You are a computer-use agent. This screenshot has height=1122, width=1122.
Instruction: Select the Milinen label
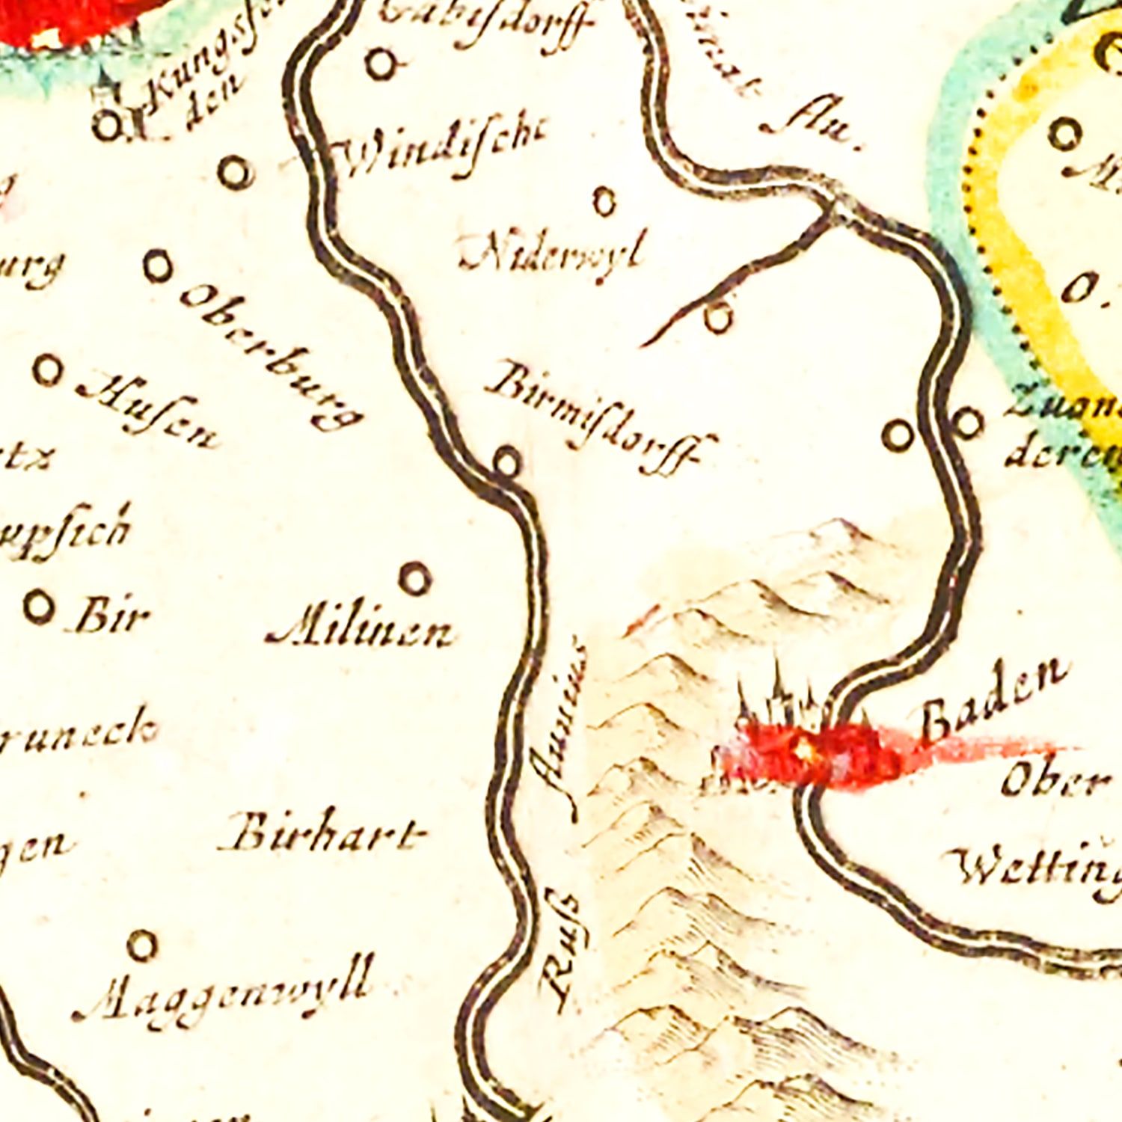tap(360, 632)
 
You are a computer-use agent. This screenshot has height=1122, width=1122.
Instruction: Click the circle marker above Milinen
tap(416, 577)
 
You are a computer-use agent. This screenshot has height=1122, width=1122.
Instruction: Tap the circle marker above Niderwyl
tap(604, 201)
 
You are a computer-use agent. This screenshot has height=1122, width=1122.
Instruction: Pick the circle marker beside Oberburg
tap(158, 266)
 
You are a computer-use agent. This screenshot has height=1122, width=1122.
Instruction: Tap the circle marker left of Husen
tap(48, 370)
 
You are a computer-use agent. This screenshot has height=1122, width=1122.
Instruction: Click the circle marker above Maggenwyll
tap(141, 945)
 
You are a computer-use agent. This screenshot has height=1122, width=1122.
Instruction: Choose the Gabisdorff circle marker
tap(381, 64)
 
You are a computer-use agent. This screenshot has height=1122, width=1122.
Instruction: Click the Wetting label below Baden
tap(1040, 868)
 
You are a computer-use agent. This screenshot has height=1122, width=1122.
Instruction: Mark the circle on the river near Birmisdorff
tap(507, 460)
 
